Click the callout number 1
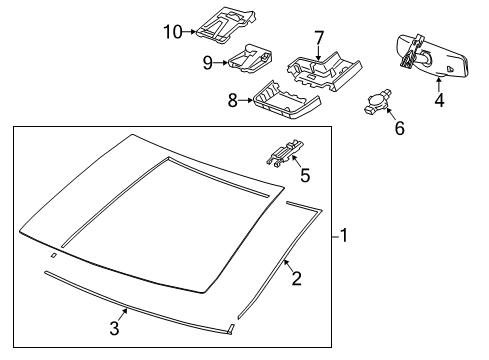(x=343, y=236)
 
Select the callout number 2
(x=296, y=279)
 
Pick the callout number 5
(x=305, y=176)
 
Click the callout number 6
(x=399, y=129)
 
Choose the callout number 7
(x=319, y=38)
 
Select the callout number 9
(x=208, y=63)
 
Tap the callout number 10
(x=173, y=32)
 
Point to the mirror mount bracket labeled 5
(x=283, y=151)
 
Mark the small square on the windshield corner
(x=53, y=256)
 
